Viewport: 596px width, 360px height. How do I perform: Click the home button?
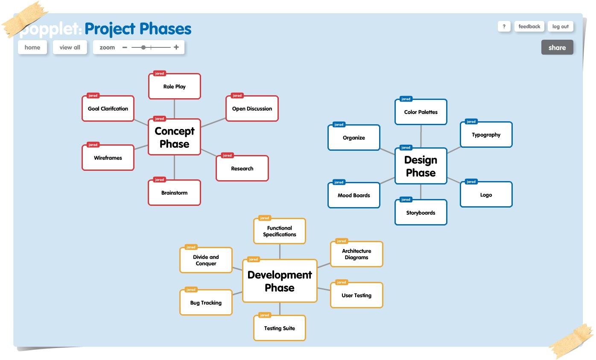coord(32,47)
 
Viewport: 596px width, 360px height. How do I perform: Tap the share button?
coord(557,47)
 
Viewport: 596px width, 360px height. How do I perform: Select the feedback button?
coord(529,26)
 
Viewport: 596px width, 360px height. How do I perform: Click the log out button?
coord(560,26)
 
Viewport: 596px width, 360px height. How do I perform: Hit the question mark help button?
coord(504,26)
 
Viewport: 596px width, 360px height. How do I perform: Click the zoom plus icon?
coord(176,47)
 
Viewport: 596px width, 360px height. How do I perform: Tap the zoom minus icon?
coord(125,47)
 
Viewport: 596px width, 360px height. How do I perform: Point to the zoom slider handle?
coord(143,47)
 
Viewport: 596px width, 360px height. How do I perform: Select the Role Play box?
coord(174,87)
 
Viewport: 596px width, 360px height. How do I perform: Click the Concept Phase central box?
coord(174,137)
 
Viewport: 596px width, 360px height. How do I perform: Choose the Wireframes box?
coord(108,158)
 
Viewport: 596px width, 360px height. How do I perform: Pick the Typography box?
coord(486,135)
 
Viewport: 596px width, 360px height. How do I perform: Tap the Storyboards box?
coord(421,213)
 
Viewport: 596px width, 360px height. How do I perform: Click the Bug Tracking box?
coord(206,303)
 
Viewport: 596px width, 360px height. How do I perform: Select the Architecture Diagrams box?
coord(356,255)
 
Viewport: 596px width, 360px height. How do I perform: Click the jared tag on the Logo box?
coord(471,181)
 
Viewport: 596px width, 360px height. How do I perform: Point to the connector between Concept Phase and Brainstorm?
coord(174,167)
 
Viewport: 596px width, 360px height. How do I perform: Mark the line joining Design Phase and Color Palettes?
coord(421,136)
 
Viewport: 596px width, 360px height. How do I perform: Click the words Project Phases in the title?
coord(138,29)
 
